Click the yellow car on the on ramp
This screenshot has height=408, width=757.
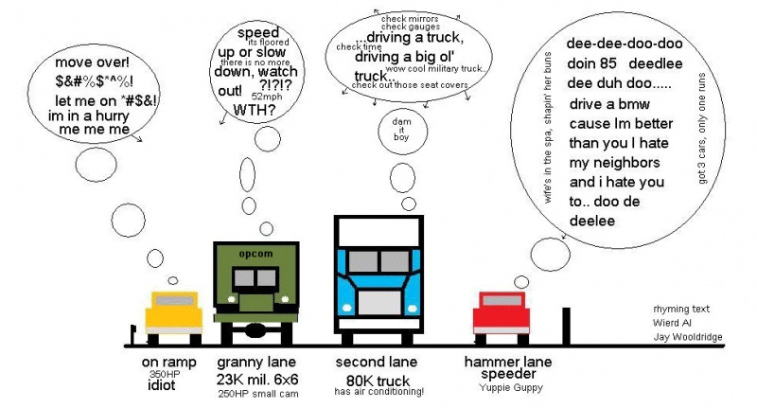click(173, 313)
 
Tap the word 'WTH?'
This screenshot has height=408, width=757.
click(256, 111)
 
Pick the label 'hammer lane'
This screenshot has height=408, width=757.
click(508, 362)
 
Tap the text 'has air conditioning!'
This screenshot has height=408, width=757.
click(379, 391)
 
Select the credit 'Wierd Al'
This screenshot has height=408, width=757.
click(672, 322)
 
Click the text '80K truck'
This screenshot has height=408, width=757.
click(376, 377)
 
